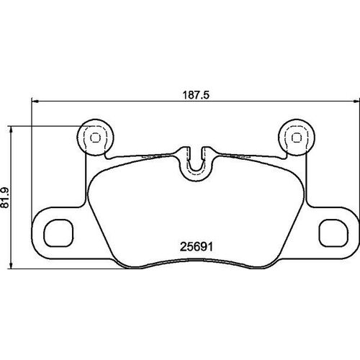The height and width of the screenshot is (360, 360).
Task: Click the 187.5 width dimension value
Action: tap(195, 93)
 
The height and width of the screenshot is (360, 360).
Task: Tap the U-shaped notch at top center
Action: tap(194, 162)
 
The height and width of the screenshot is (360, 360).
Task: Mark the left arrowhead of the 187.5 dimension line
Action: tap(32, 101)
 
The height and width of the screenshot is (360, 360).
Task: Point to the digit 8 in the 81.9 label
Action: tap(7, 207)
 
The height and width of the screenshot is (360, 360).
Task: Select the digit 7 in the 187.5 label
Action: tap(194, 93)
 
